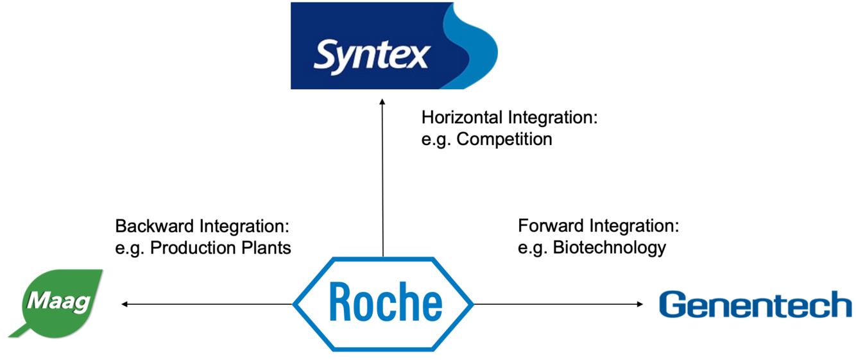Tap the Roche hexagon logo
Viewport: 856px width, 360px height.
pos(383,304)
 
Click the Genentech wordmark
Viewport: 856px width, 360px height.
pos(755,305)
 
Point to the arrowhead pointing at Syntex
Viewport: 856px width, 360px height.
pos(382,101)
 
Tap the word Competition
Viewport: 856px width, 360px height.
pos(504,139)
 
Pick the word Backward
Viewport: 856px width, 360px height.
pos(155,226)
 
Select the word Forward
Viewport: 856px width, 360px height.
pos(551,226)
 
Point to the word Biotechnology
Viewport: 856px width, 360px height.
pos(610,248)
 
